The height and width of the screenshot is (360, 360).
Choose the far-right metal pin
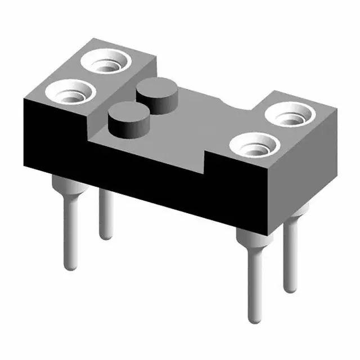coord(290,253)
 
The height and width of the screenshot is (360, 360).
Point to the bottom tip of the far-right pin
coord(290,288)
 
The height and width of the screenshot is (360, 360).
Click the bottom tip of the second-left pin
coord(106,235)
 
